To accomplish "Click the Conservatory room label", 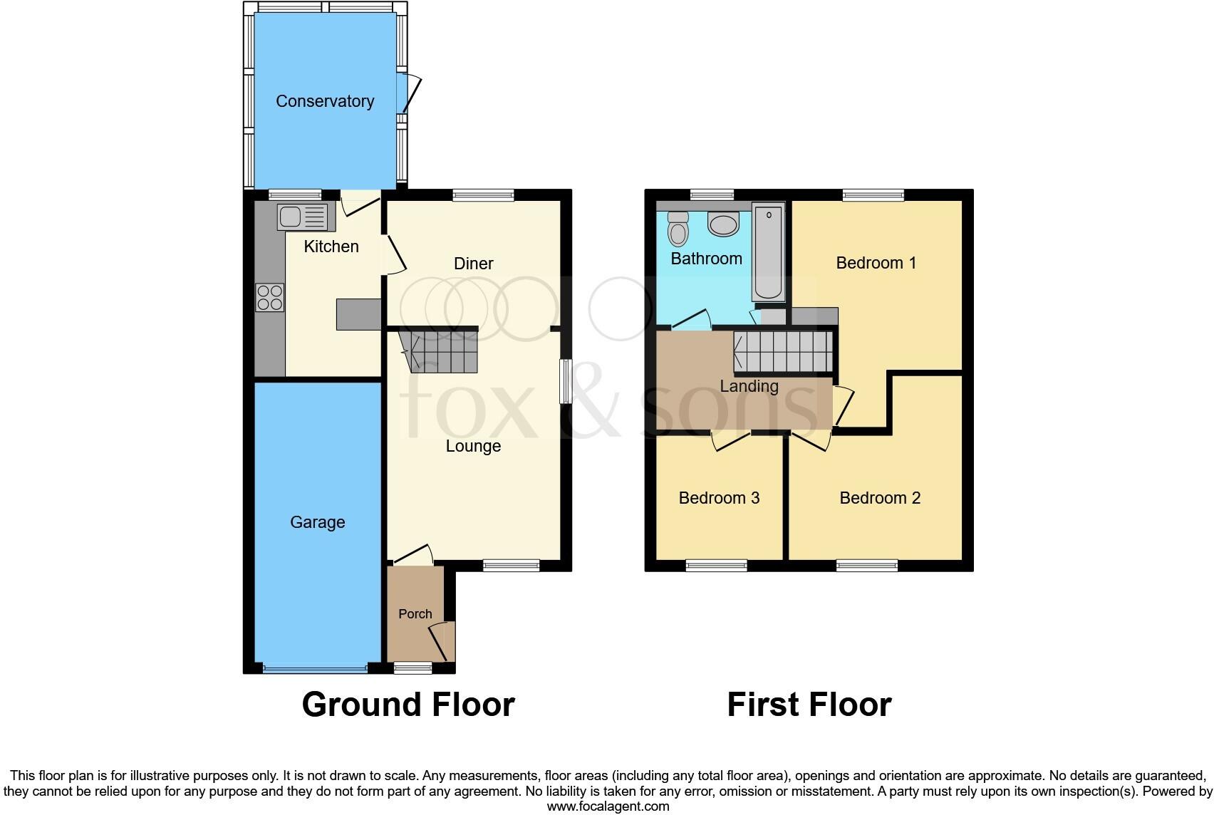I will click(325, 101).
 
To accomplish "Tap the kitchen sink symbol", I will click(303, 217).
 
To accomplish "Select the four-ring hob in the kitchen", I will click(270, 297).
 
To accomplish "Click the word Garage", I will click(317, 522).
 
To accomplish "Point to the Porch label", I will click(415, 613).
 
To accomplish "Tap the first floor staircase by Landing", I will click(784, 352).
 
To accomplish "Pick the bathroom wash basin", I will click(723, 224).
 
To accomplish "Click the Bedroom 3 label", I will click(719, 497).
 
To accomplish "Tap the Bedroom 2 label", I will click(880, 497).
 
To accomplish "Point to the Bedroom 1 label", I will click(876, 263).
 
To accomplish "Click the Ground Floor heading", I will click(408, 704).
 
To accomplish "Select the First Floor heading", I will click(809, 704).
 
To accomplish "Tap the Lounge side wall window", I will click(566, 381).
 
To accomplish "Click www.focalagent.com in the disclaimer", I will click(608, 806).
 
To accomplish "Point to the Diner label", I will click(473, 264).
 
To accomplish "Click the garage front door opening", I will click(315, 669).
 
